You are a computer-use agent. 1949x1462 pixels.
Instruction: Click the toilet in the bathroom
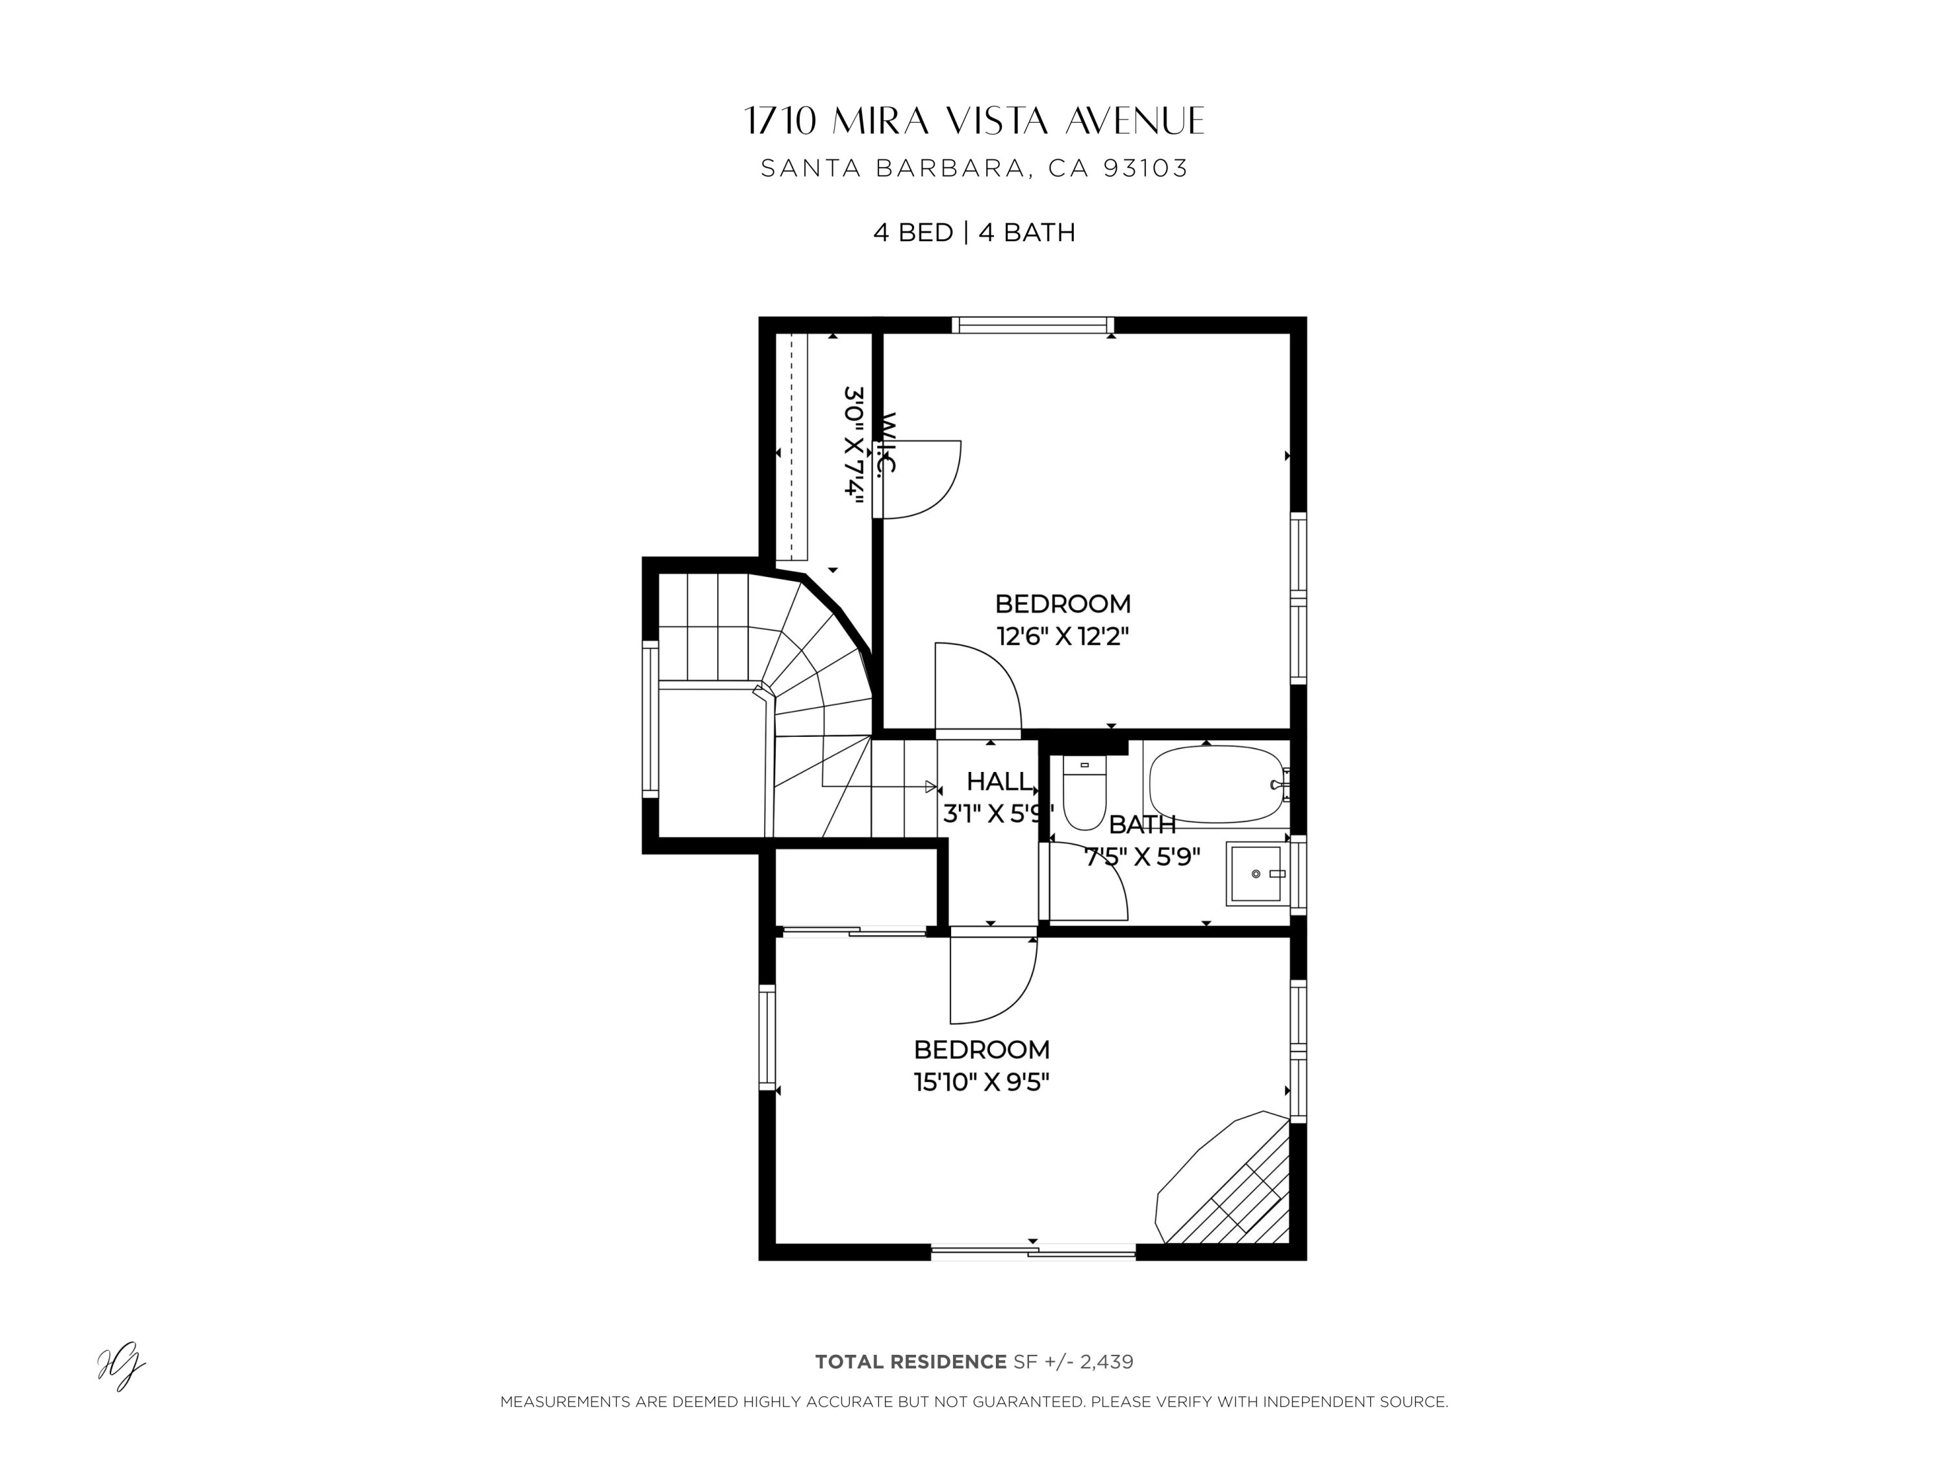coord(1084,791)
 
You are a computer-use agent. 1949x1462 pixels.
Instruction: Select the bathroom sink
coord(1255,873)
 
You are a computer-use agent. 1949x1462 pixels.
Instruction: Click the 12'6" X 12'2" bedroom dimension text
coord(1063,636)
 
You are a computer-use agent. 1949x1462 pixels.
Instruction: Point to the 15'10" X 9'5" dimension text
coord(982,1082)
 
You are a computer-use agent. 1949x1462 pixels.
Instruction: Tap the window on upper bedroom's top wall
coord(1033,325)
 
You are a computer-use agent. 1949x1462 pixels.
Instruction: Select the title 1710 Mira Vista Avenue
coord(974,122)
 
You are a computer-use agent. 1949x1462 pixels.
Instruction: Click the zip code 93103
coord(1145,168)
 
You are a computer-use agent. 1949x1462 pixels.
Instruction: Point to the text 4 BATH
coord(1026,233)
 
